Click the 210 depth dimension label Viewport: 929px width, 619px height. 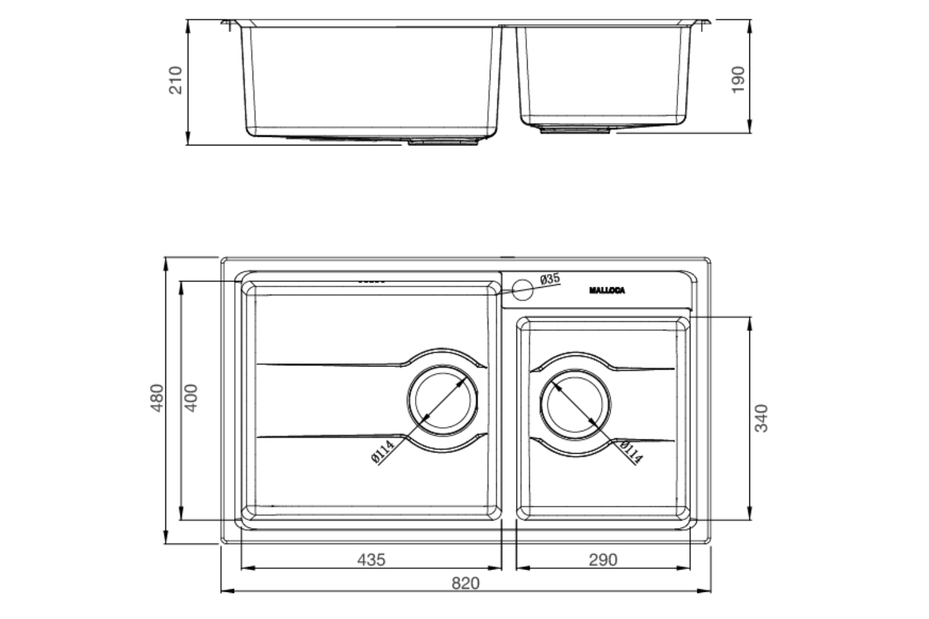[176, 80]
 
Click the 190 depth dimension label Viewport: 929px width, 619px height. [738, 80]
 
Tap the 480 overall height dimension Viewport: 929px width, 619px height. [157, 398]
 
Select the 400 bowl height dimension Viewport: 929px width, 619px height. [191, 398]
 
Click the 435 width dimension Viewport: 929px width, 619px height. [371, 560]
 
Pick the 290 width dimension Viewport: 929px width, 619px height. [603, 560]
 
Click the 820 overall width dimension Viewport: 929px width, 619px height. [465, 583]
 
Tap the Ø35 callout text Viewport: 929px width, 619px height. [549, 279]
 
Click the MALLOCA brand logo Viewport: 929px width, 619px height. [607, 290]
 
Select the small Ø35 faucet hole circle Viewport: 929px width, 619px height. [523, 289]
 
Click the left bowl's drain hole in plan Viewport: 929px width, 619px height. [443, 399]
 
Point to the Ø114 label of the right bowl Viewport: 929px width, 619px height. [630, 452]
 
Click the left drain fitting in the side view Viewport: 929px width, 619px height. [443, 142]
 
